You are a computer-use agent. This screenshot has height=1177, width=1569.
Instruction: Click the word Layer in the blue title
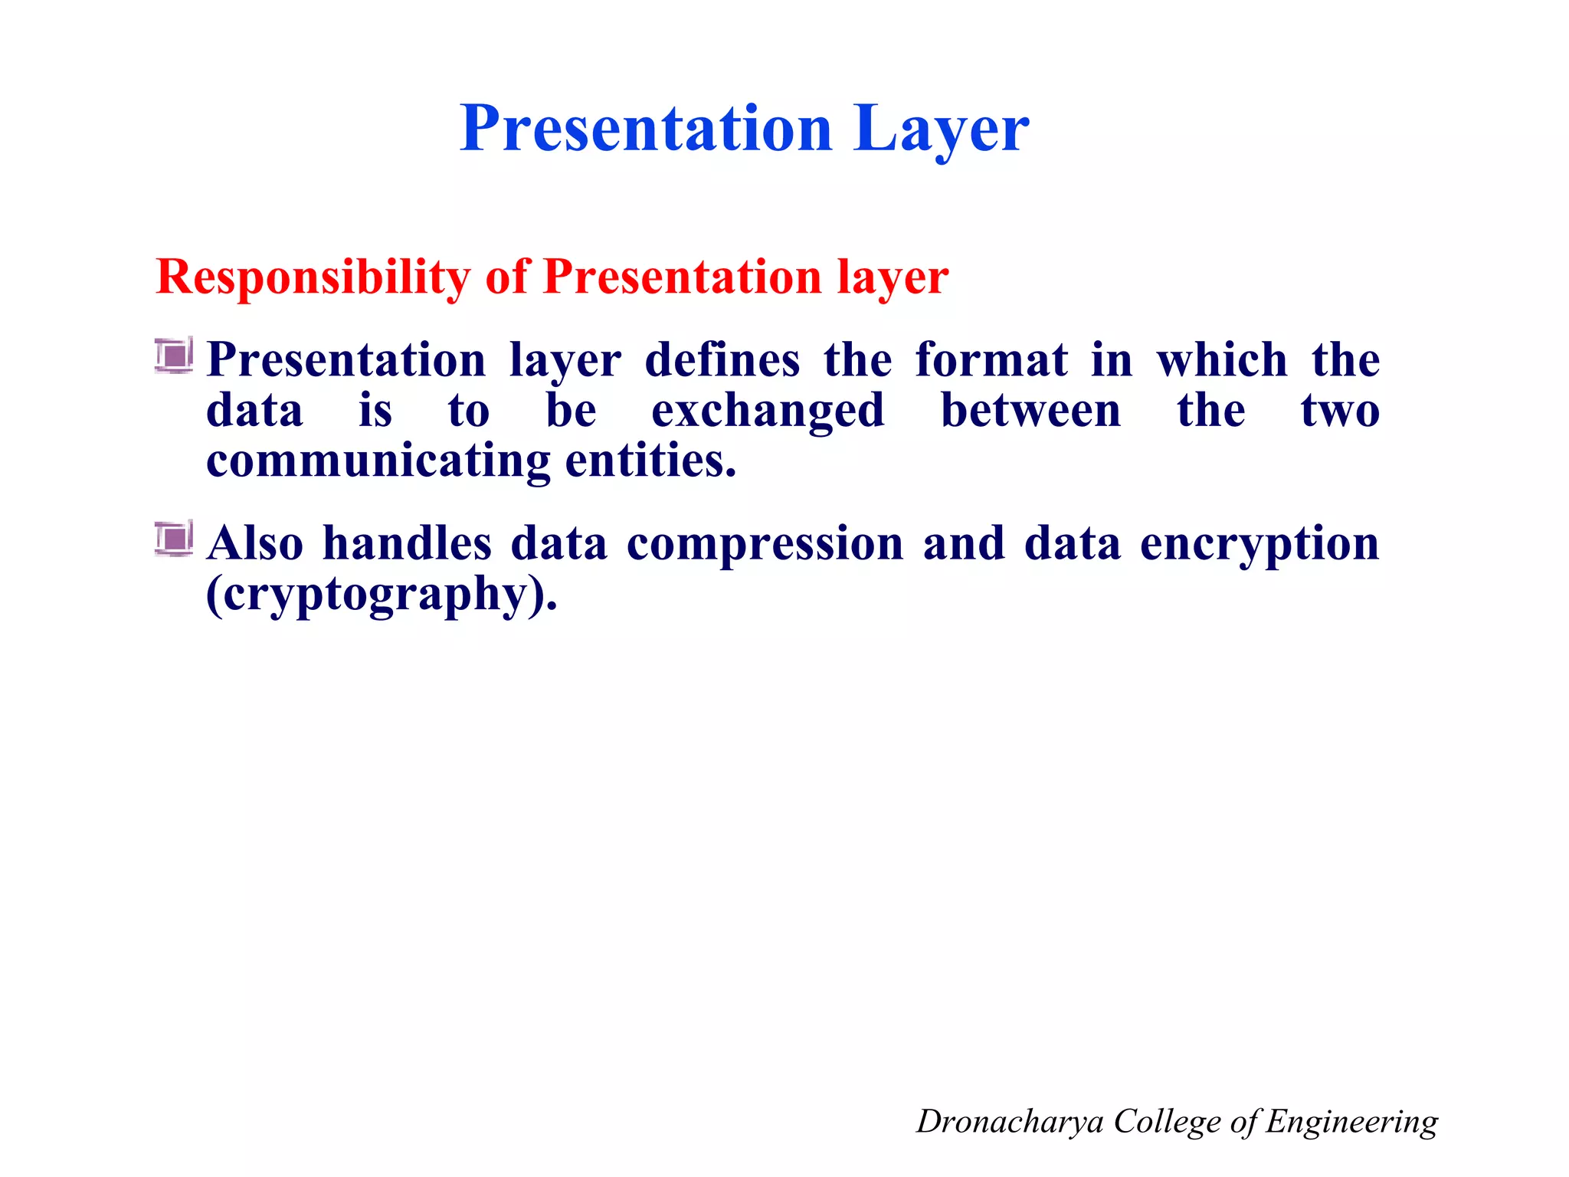pos(941,129)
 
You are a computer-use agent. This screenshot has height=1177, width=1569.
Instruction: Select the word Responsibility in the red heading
pos(313,277)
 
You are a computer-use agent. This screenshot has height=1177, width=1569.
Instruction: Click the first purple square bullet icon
pos(174,356)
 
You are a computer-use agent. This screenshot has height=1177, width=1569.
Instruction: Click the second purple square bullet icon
pos(174,539)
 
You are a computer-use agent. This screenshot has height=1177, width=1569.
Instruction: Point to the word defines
pos(722,360)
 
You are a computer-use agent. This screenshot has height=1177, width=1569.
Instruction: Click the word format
pos(991,360)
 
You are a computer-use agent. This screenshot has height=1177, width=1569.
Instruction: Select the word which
pos(1222,360)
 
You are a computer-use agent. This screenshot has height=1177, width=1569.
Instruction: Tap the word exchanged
pos(768,411)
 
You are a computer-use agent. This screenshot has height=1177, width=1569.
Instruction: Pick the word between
pos(1030,411)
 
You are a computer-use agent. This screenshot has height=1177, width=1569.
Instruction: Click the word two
pos(1340,411)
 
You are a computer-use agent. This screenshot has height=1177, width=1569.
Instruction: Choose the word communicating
pos(378,462)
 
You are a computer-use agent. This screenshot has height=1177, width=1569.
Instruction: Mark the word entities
pos(650,462)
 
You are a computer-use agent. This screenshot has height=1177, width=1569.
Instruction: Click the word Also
pos(255,544)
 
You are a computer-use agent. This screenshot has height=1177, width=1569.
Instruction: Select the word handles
pos(407,544)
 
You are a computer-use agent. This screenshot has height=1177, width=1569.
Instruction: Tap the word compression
pos(765,544)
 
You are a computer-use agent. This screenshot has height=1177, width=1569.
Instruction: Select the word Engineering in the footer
pos(1351,1122)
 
